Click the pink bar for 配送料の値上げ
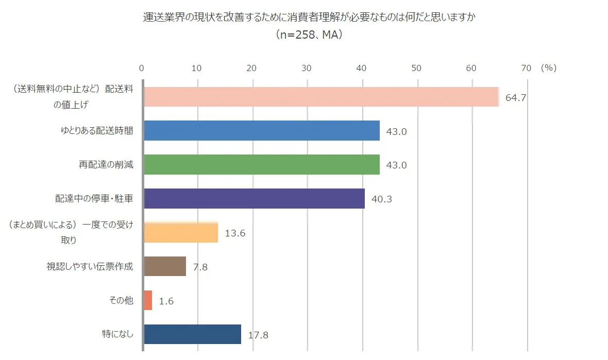tap(320, 97)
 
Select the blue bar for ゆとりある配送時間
tap(261, 131)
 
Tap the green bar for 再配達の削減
tap(261, 165)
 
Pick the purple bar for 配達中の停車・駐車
tap(254, 199)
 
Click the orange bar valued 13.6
tap(181, 233)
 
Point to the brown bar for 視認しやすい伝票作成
tap(165, 266)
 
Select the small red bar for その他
tap(148, 300)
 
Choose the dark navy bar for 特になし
tap(192, 334)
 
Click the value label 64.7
tap(515, 97)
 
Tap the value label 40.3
tap(381, 199)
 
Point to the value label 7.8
tap(200, 267)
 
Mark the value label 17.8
tap(258, 335)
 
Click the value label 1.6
tap(166, 301)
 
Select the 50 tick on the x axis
tap(416, 68)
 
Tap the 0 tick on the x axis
tap(142, 68)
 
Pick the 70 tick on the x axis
tap(526, 68)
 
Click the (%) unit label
tap(549, 68)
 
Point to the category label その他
tap(122, 300)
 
